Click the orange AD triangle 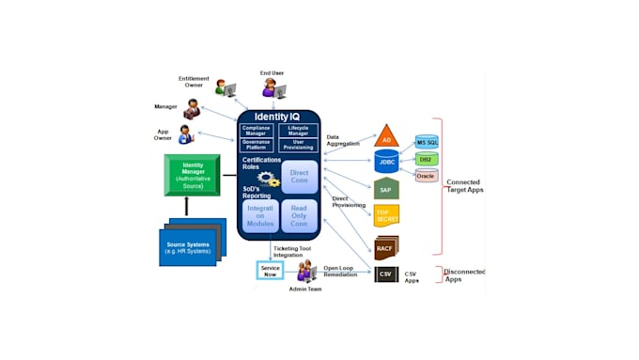tap(387, 137)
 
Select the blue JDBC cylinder tap(386, 161)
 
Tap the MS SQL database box tap(428, 142)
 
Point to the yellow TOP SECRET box tap(386, 216)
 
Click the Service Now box tap(270, 271)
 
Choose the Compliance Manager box tap(256, 131)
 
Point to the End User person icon tap(273, 88)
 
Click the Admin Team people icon tap(306, 273)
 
